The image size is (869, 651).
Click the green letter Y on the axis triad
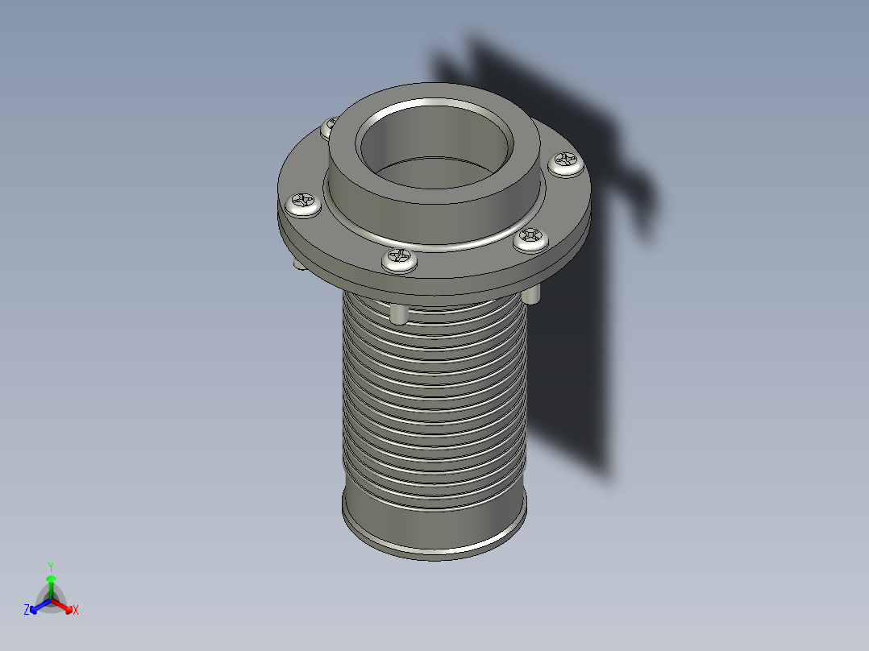[x=51, y=566]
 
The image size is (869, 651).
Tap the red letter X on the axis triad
[x=76, y=611]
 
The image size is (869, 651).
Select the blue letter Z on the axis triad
[x=27, y=611]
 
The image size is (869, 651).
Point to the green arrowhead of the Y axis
[x=51, y=578]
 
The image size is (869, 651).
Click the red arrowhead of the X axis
[x=67, y=607]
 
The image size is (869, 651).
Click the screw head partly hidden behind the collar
[x=329, y=126]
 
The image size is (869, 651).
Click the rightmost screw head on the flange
[x=567, y=164]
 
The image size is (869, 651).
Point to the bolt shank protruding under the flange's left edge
[x=299, y=265]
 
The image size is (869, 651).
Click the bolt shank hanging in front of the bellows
[x=399, y=313]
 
